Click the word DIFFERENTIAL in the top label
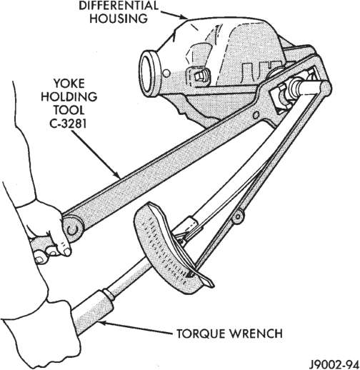click(x=119, y=6)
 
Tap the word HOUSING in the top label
click(x=119, y=19)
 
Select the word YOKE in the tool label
click(x=69, y=84)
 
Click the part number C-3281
click(x=68, y=123)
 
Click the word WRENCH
click(x=256, y=334)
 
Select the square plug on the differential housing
click(x=199, y=76)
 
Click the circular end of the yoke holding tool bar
click(x=74, y=228)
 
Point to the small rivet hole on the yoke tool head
click(x=256, y=115)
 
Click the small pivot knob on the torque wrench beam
click(x=238, y=216)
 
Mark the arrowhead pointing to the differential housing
click(x=184, y=16)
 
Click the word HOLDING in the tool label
click(x=69, y=97)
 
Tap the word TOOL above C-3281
click(x=69, y=110)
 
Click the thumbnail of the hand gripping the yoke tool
click(x=68, y=252)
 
